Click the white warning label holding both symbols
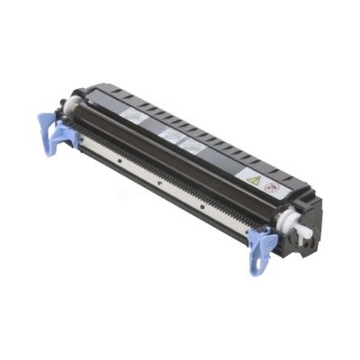pyautogui.click(x=262, y=182)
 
